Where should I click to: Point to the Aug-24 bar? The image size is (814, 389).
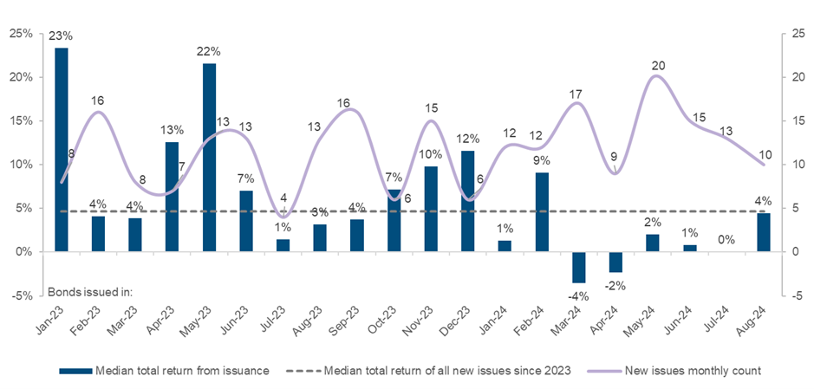[764, 232]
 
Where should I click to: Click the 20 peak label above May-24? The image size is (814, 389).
[659, 66]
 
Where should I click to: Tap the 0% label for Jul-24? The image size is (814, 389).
[726, 240]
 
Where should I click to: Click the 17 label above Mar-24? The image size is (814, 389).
[577, 94]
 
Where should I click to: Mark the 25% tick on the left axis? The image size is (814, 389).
[21, 34]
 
